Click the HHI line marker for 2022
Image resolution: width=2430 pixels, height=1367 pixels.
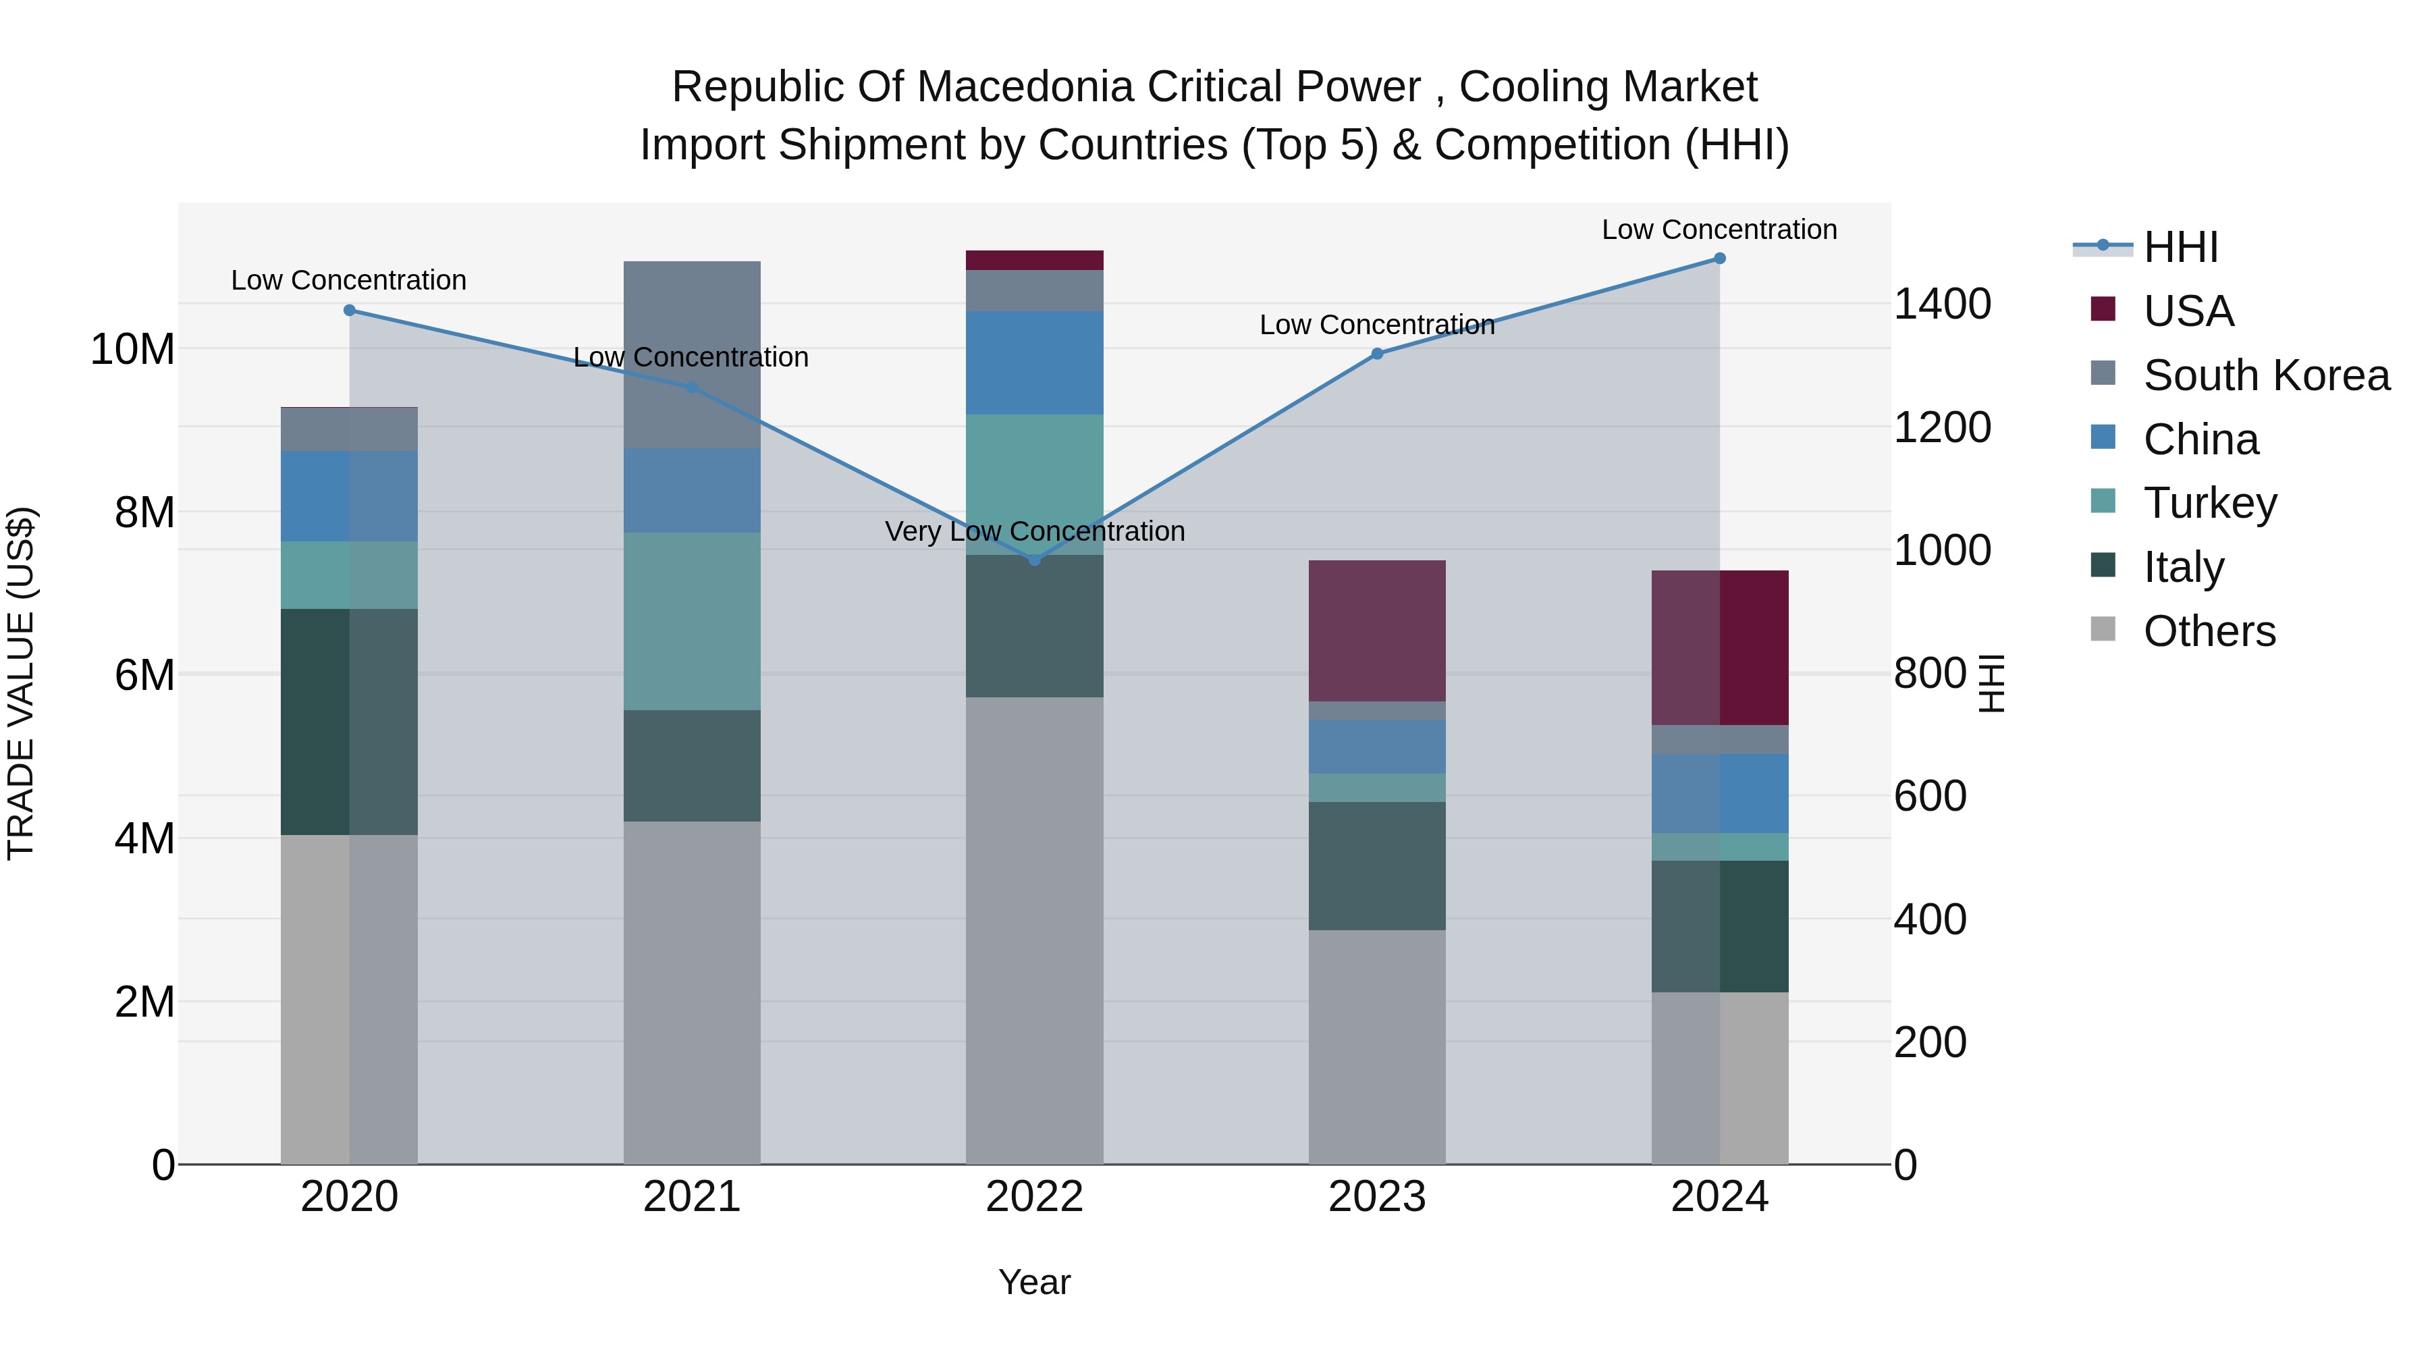[x=1034, y=560]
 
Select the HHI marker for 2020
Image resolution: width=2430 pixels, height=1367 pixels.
[x=349, y=311]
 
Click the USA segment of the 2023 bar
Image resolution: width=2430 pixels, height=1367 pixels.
[x=1376, y=631]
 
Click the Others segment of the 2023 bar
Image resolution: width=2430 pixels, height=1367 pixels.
[x=1376, y=1047]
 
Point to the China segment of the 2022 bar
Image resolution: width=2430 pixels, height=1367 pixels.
[x=1034, y=363]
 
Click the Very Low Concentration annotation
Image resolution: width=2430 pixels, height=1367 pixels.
[x=1034, y=531]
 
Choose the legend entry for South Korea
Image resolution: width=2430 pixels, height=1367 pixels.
[x=2266, y=375]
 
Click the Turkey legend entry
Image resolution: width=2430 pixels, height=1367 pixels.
[x=2209, y=503]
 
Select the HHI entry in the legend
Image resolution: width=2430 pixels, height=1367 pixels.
[x=2180, y=247]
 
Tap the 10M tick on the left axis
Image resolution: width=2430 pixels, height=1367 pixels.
[x=132, y=350]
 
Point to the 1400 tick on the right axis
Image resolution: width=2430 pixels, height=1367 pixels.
[x=1942, y=304]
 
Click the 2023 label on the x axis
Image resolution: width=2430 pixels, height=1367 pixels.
[x=1376, y=1197]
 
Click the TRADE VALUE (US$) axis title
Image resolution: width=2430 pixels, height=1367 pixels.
[x=21, y=683]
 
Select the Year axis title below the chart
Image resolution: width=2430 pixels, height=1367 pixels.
[x=1034, y=1282]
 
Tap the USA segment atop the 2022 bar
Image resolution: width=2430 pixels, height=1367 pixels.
[x=1034, y=261]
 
